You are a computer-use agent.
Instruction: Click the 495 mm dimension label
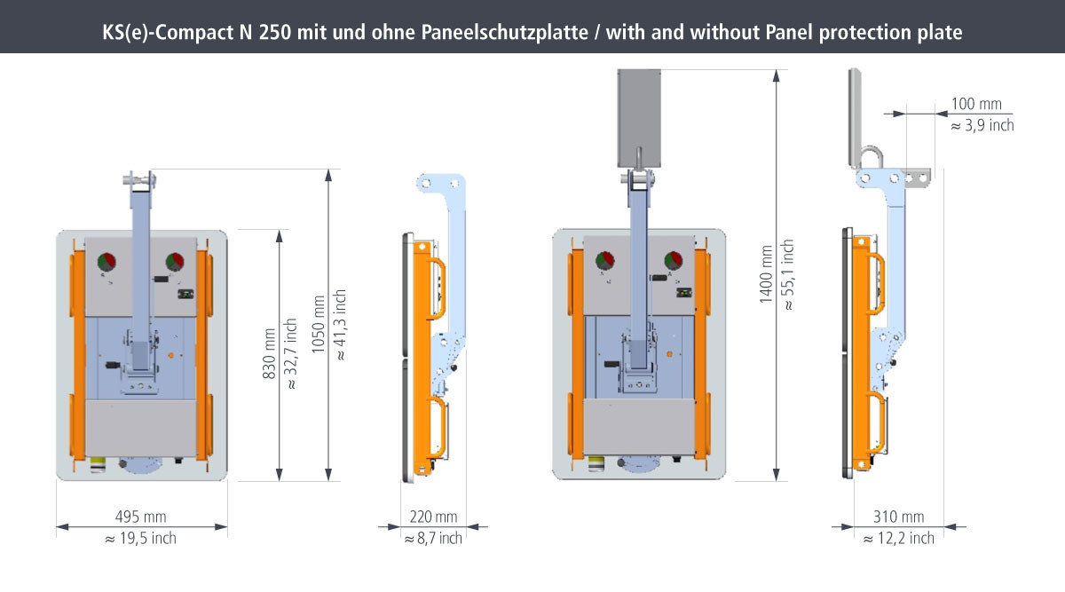(141, 517)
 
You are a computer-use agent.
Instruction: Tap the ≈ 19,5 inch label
(141, 538)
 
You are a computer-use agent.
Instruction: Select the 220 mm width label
(433, 517)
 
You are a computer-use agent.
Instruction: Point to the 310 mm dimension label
(898, 517)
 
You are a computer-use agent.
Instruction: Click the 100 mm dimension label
(976, 104)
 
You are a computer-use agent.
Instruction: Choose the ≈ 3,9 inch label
(982, 125)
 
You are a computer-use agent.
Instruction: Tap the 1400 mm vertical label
(765, 274)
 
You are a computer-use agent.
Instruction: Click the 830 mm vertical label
(269, 353)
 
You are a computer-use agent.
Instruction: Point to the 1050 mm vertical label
(318, 324)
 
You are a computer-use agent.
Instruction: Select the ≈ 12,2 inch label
(898, 538)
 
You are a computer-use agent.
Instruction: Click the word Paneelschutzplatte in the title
(504, 32)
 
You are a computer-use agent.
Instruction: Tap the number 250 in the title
(275, 32)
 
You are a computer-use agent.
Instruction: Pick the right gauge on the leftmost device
(175, 262)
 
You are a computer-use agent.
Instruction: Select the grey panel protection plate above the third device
(639, 118)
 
